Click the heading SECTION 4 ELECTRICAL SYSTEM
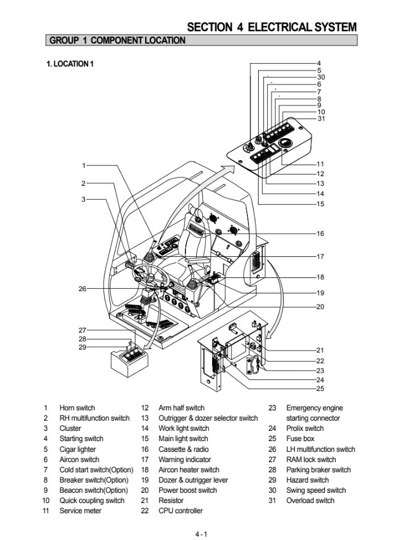pyautogui.click(x=272, y=27)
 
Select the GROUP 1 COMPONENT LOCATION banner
pyautogui.click(x=118, y=40)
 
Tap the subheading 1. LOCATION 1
pyautogui.click(x=70, y=64)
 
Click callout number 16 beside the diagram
pyautogui.click(x=320, y=234)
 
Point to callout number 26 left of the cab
pyautogui.click(x=82, y=289)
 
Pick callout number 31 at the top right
pyautogui.click(x=321, y=119)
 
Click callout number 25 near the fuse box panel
pyautogui.click(x=320, y=389)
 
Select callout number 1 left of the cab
pyautogui.click(x=84, y=165)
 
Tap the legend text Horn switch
pyautogui.click(x=77, y=408)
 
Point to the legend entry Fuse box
pyautogui.click(x=300, y=439)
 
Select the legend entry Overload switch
pyautogui.click(x=310, y=501)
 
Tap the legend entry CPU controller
pyautogui.click(x=180, y=511)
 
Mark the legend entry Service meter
pyautogui.click(x=80, y=511)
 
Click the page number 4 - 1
pyautogui.click(x=201, y=534)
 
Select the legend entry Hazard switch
pyautogui.click(x=308, y=480)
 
